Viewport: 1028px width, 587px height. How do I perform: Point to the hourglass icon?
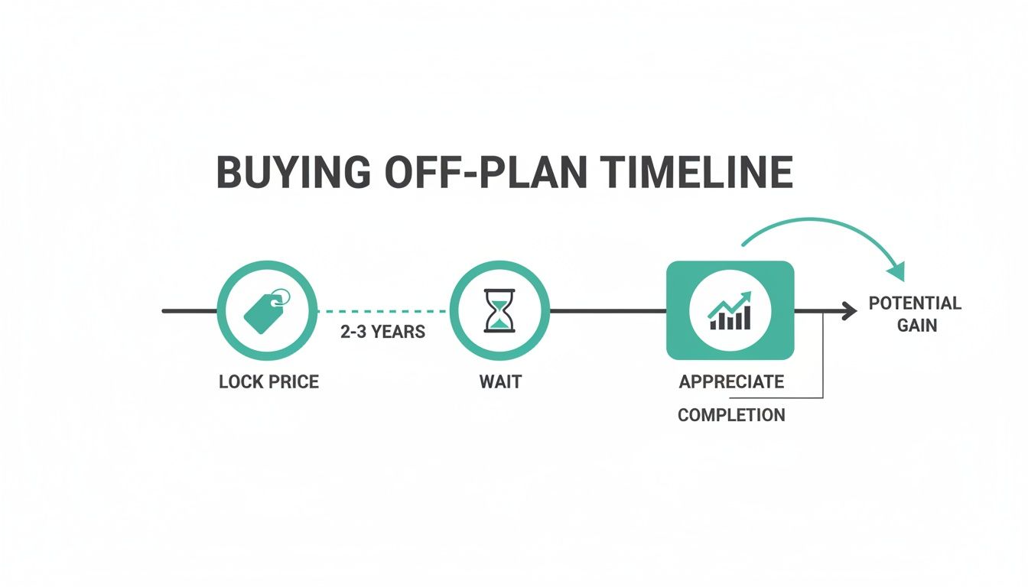pyautogui.click(x=499, y=310)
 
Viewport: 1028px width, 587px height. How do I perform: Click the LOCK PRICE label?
pyautogui.click(x=268, y=381)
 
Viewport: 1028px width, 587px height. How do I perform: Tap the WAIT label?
pyautogui.click(x=500, y=381)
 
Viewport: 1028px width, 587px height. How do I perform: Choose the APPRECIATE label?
pyautogui.click(x=731, y=381)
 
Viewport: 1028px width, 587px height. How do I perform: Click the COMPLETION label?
pyautogui.click(x=731, y=415)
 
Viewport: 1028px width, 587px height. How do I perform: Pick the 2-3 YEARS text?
pyautogui.click(x=383, y=332)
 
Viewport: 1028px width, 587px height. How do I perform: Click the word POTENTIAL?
pyautogui.click(x=915, y=303)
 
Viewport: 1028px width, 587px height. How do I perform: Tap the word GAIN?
pyautogui.click(x=917, y=325)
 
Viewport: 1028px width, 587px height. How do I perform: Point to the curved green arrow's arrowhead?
pyautogui.click(x=896, y=271)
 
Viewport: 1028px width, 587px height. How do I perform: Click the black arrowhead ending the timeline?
pyautogui.click(x=849, y=311)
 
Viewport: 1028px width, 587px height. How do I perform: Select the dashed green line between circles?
pyautogui.click(x=382, y=311)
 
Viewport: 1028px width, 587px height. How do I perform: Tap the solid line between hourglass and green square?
pyautogui.click(x=608, y=311)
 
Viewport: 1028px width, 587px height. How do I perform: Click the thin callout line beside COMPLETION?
pyautogui.click(x=822, y=359)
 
